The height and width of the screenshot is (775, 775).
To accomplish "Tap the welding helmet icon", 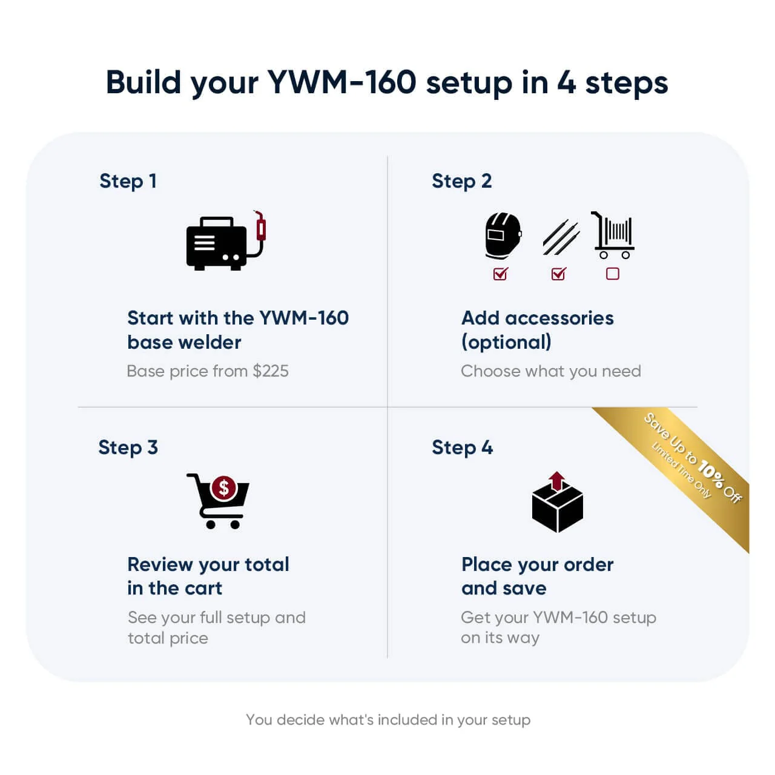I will (503, 236).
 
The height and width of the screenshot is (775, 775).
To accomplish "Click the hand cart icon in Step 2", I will (613, 236).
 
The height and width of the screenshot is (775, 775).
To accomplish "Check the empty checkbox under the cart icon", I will (613, 274).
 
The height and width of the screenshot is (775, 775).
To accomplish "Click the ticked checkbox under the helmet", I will (501, 274).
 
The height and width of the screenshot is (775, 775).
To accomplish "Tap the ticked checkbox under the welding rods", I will (559, 274).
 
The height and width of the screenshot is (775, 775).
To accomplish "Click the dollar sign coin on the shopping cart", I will (224, 487).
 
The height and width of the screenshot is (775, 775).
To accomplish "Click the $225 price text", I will (271, 371).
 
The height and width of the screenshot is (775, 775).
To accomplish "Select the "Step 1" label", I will (128, 180).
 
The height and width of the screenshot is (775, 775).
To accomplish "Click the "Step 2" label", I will (461, 180).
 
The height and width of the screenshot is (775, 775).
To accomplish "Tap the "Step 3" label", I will (128, 447).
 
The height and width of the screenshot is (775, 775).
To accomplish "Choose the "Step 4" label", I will (462, 447).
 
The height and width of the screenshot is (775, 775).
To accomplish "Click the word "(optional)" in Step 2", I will (506, 342).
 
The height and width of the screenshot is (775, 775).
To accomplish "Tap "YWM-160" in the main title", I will (342, 82).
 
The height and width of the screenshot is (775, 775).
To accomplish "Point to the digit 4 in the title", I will (566, 82).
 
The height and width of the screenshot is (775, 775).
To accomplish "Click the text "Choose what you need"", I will (550, 371).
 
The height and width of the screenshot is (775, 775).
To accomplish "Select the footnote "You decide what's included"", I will (387, 719).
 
